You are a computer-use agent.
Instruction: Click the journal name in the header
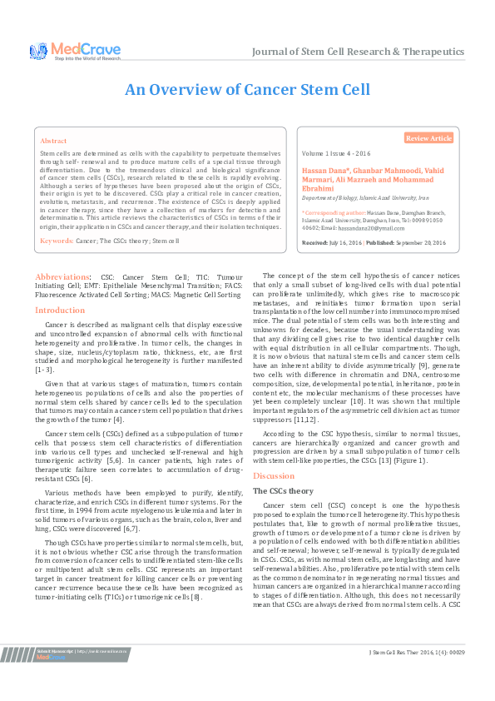pyautogui.click(x=357, y=51)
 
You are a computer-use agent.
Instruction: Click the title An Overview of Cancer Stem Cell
pyautogui.click(x=247, y=90)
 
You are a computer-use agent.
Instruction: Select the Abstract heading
pyautogui.click(x=54, y=142)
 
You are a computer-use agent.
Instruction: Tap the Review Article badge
pyautogui.click(x=429, y=137)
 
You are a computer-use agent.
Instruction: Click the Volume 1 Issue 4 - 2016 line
pyautogui.click(x=335, y=156)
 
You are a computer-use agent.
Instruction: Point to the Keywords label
pyautogui.click(x=57, y=241)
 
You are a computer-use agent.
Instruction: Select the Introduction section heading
pyautogui.click(x=60, y=310)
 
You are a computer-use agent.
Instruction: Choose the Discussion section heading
pyautogui.click(x=274, y=475)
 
